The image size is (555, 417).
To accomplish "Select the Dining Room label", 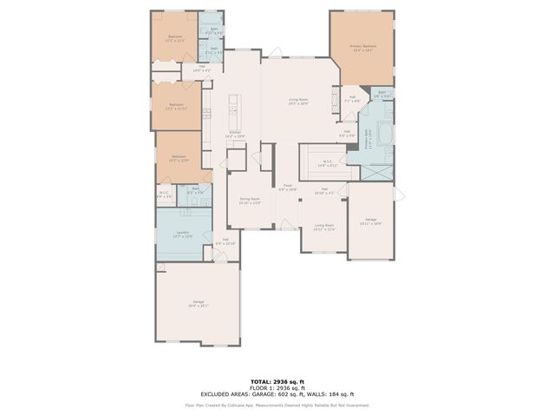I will tap(250, 201).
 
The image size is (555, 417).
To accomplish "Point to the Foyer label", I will tap(288, 187).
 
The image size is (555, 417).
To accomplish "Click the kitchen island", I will tap(232, 109).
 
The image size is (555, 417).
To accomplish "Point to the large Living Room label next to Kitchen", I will tap(298, 102).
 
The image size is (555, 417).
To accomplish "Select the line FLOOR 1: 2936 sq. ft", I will tap(277, 387).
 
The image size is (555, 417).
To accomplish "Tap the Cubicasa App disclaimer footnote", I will tap(277, 404).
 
